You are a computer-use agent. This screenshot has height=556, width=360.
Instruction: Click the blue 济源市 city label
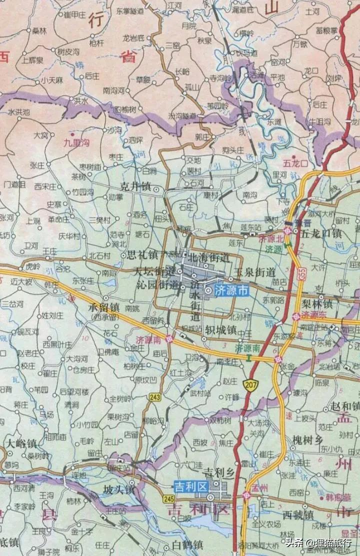[230, 290]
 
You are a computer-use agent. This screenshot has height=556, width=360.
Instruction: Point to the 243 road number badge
[154, 397]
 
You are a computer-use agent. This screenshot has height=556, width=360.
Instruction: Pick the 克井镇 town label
[136, 187]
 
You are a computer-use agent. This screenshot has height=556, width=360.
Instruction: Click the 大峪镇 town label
[21, 443]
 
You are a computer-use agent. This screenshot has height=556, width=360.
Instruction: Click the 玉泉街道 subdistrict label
[256, 272]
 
